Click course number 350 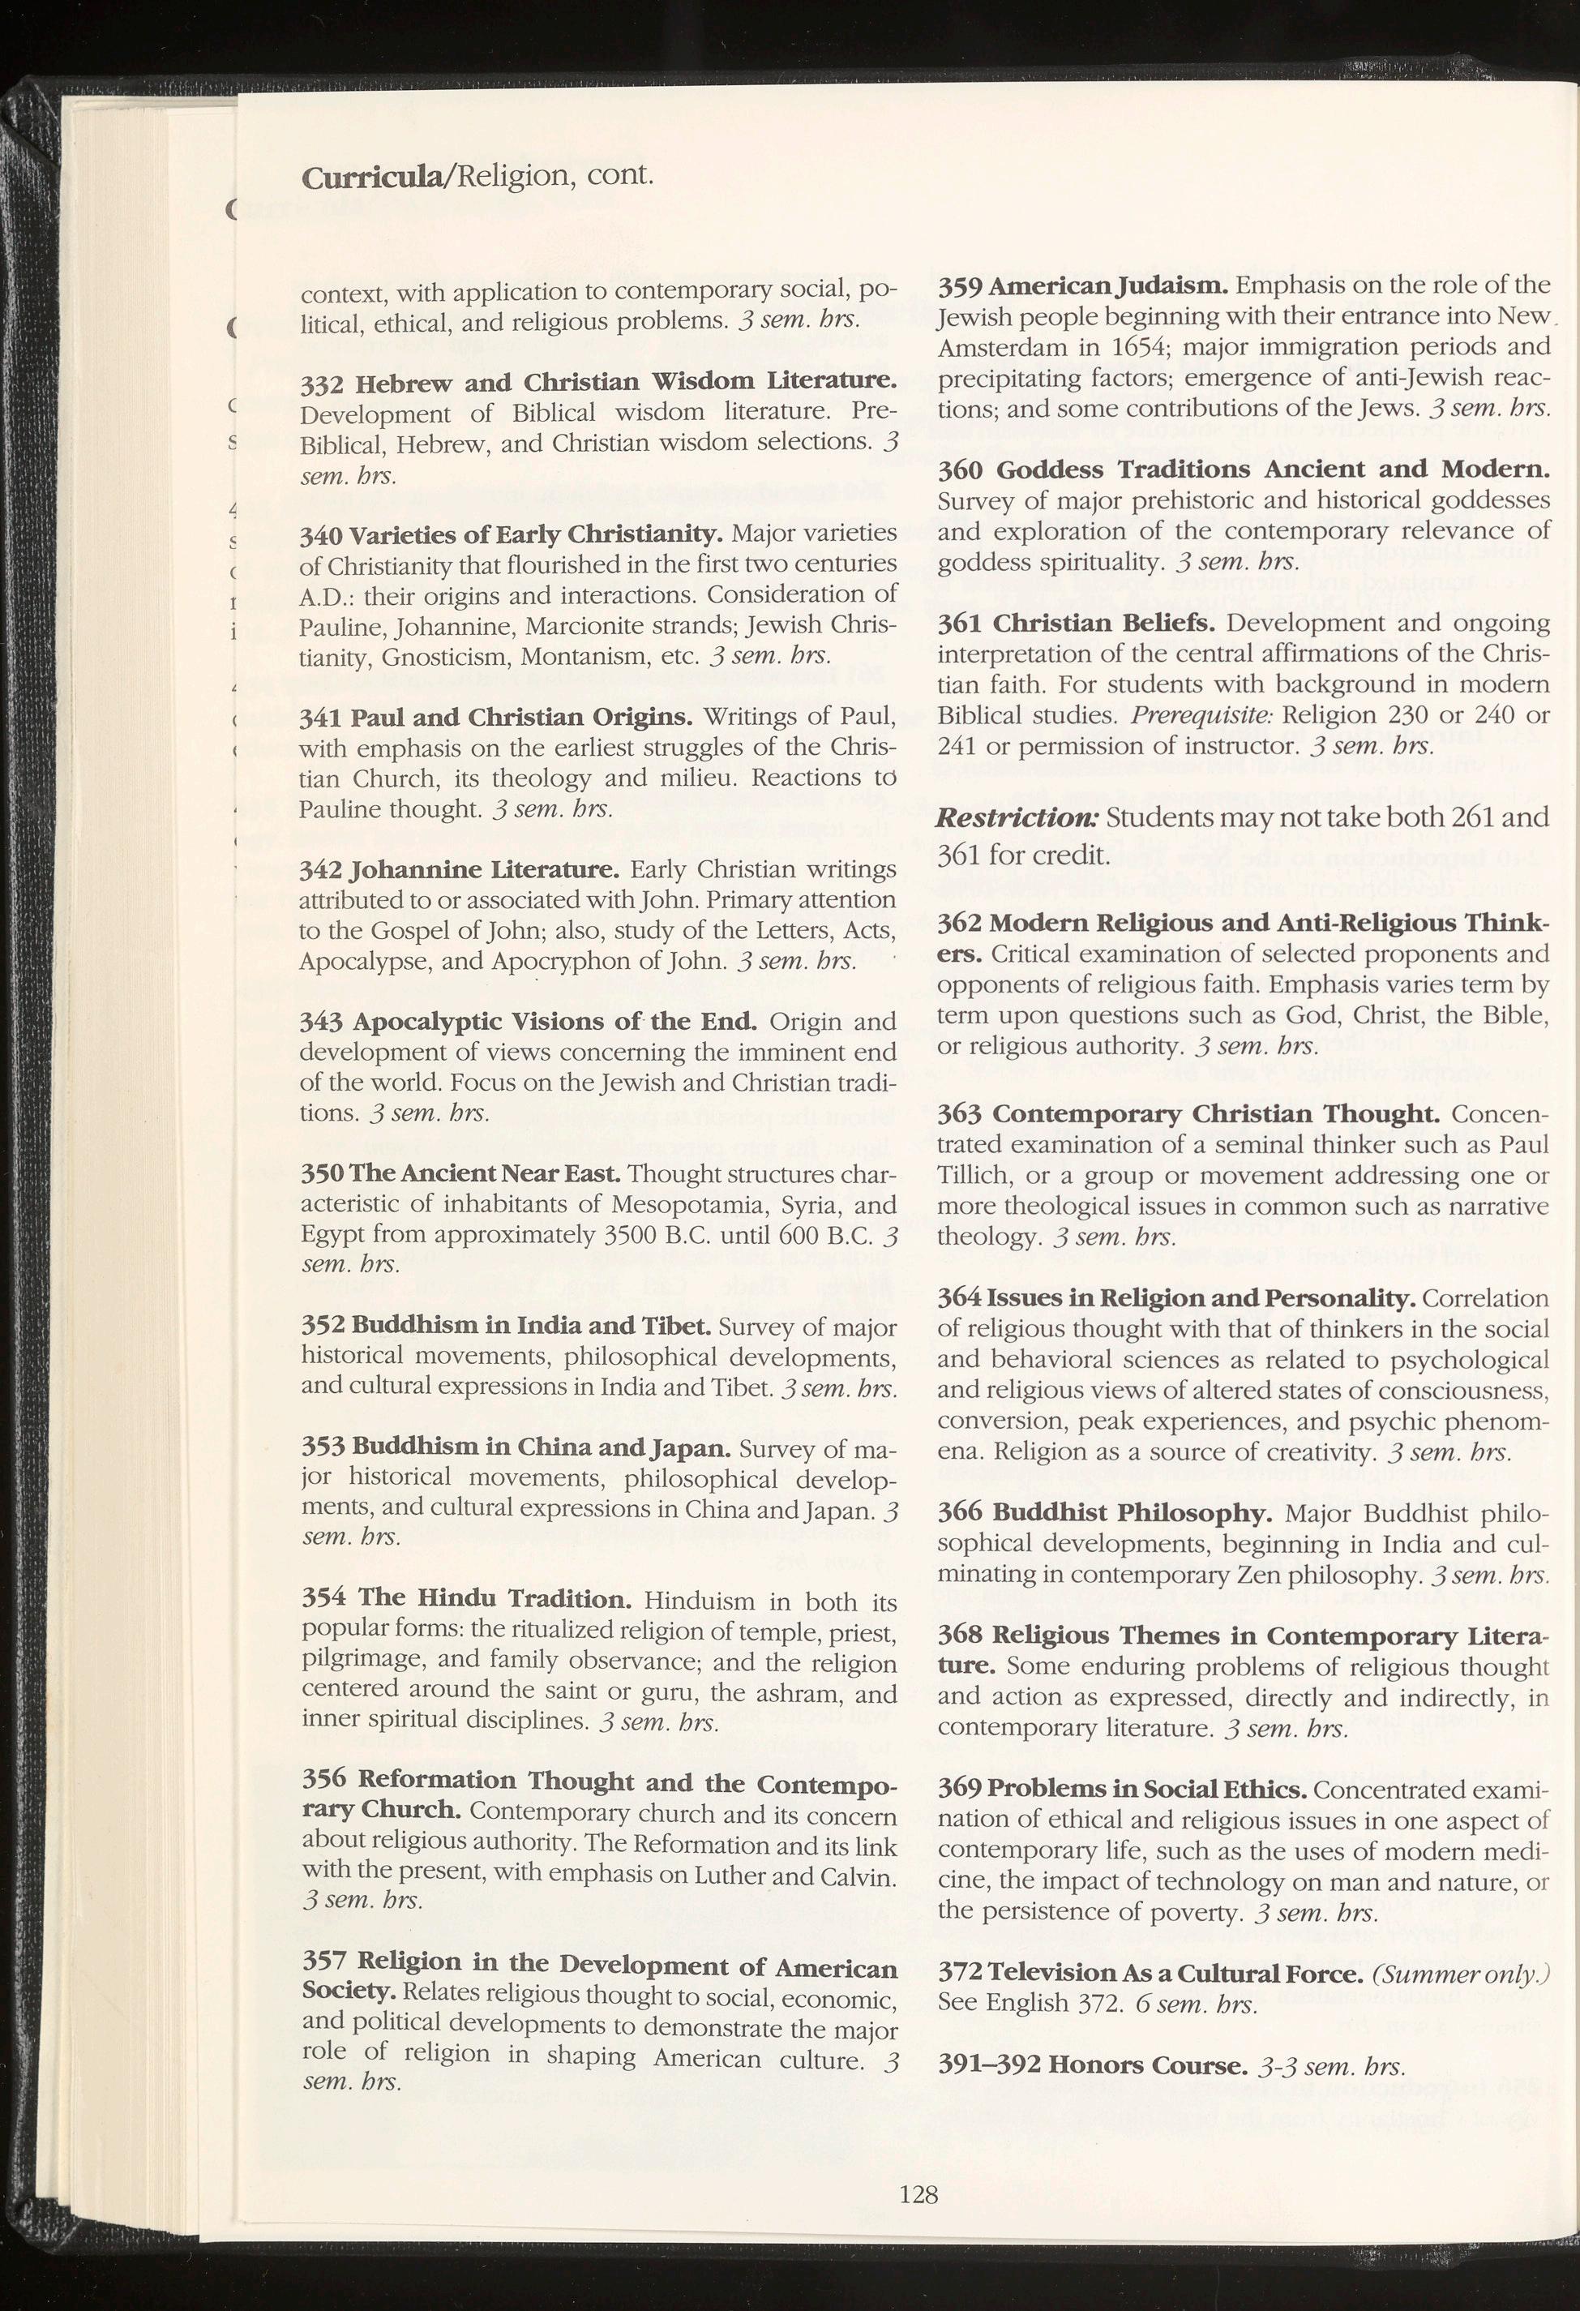point(321,1174)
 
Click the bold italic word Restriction point(1017,817)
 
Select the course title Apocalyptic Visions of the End point(554,1023)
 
